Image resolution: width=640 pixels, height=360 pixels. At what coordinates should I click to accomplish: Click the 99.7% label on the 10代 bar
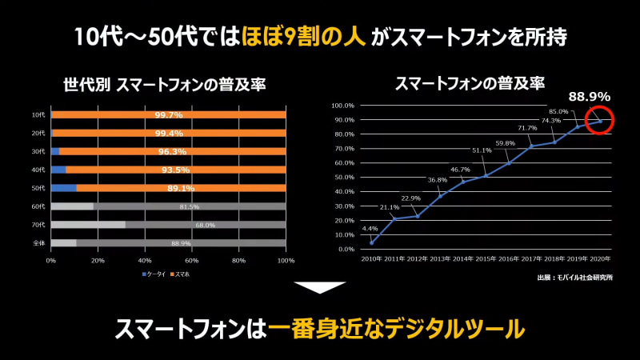point(168,115)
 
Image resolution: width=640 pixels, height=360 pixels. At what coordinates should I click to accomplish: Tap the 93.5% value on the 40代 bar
point(174,170)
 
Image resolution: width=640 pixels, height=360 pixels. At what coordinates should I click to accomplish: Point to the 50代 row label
point(38,188)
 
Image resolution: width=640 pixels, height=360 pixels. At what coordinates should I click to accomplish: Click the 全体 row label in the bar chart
point(38,242)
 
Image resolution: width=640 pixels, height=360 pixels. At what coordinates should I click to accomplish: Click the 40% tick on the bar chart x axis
point(145,261)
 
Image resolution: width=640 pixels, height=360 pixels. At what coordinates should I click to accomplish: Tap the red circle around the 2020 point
point(599,120)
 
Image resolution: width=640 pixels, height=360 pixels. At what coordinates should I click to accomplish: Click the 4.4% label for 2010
point(371,229)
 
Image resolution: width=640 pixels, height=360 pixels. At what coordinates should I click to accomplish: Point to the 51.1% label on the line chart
point(482,150)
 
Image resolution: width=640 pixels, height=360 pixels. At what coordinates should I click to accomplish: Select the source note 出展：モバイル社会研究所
point(575,278)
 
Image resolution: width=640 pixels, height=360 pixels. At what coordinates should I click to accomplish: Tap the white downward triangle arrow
point(320,288)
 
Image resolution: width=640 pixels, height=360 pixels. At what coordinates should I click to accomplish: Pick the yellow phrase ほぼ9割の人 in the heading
point(320,37)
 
